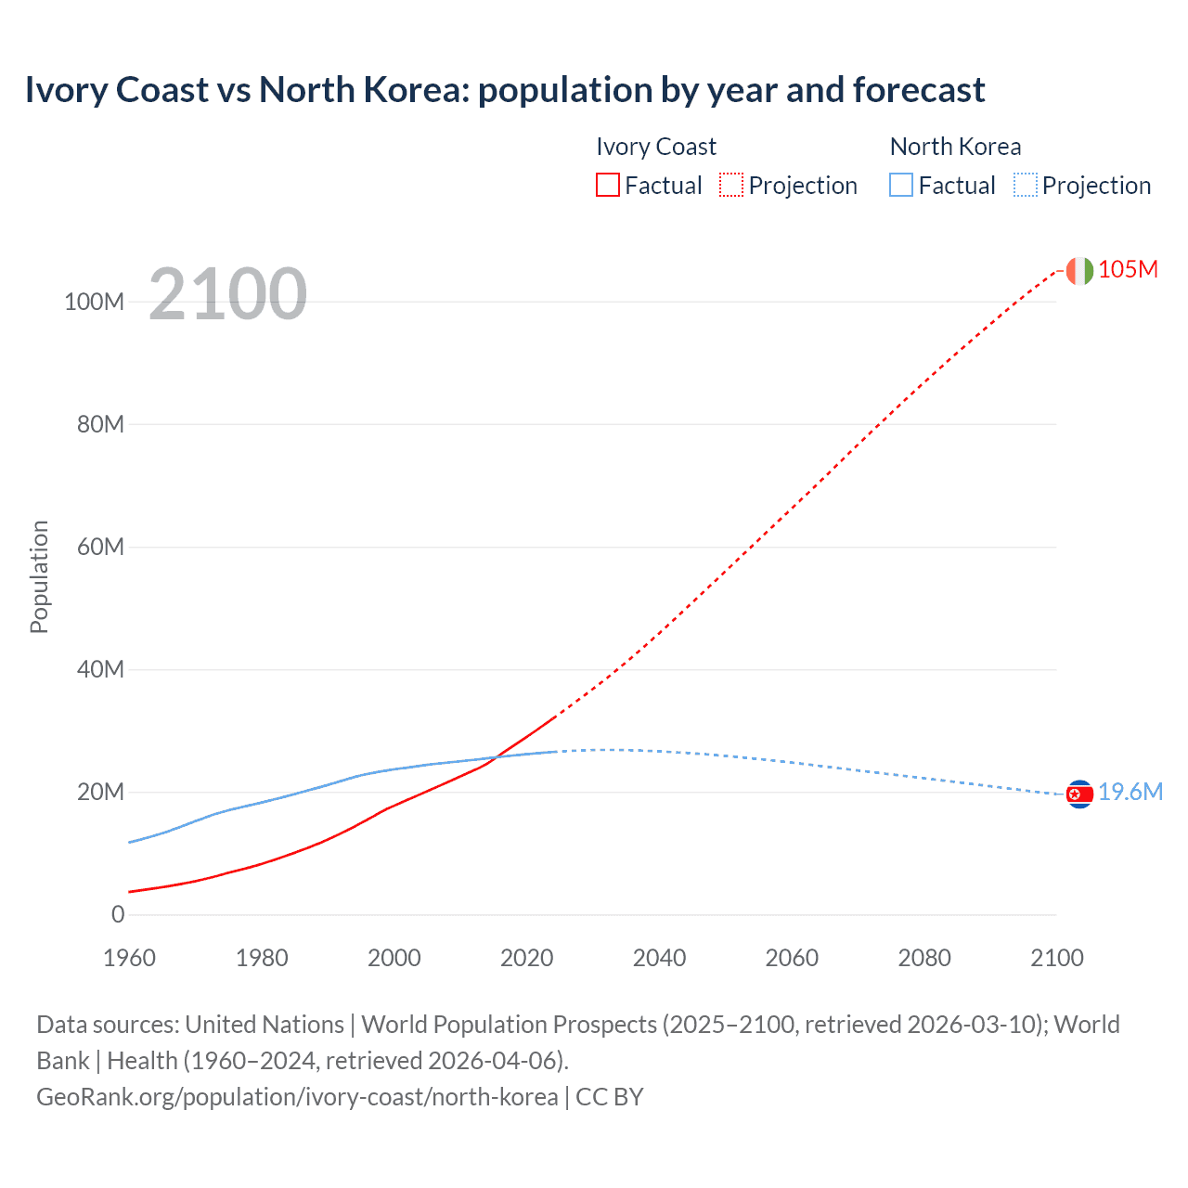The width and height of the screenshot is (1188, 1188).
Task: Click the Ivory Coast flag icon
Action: [x=1079, y=270]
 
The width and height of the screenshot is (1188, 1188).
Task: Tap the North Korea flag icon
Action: [x=1079, y=794]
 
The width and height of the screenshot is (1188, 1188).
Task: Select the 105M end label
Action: [x=1128, y=269]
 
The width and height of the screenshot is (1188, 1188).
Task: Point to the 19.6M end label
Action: [x=1130, y=792]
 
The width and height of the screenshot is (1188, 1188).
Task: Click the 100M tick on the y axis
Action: [x=94, y=302]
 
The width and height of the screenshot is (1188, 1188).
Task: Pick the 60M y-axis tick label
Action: [x=100, y=547]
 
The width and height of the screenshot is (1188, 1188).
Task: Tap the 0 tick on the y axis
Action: [x=118, y=914]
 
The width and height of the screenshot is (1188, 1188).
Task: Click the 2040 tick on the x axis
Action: [x=659, y=958]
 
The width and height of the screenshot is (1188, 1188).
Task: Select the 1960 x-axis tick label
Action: [x=129, y=958]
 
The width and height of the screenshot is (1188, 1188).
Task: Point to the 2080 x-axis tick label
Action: [x=924, y=958]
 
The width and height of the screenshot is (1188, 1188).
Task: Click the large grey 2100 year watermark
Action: [x=227, y=294]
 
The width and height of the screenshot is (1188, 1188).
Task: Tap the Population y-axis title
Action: [x=39, y=576]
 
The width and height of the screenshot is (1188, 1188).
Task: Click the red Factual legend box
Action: [x=608, y=186]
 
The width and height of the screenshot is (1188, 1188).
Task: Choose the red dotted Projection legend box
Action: [x=731, y=186]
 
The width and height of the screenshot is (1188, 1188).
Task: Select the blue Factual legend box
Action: [x=901, y=186]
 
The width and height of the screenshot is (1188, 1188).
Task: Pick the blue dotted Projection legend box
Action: [x=1025, y=186]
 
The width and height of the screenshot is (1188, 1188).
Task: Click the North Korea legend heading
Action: [x=955, y=147]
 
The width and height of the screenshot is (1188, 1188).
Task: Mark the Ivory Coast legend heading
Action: [x=656, y=147]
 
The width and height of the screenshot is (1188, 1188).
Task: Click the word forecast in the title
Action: [x=918, y=90]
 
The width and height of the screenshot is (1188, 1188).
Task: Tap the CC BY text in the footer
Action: [x=610, y=1096]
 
